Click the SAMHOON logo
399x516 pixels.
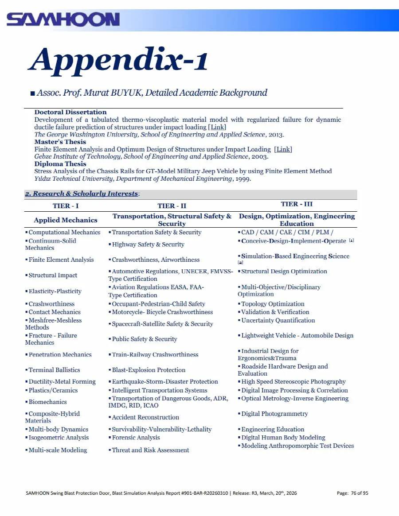tap(63, 19)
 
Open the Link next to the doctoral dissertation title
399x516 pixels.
tap(217, 127)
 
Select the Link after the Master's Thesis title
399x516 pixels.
tap(283, 149)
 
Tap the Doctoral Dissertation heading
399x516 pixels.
tap(70, 112)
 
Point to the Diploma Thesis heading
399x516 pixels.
tap(60, 164)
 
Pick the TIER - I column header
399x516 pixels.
tap(66, 206)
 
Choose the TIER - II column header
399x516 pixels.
tap(172, 206)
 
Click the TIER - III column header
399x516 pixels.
tap(297, 204)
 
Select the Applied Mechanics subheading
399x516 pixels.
tap(66, 220)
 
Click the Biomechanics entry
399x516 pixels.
tap(47, 402)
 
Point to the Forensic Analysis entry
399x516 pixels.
tap(136, 438)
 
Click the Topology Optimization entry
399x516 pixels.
tap(273, 304)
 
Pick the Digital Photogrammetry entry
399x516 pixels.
tap(274, 414)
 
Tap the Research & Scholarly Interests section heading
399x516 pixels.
tap(82, 194)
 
